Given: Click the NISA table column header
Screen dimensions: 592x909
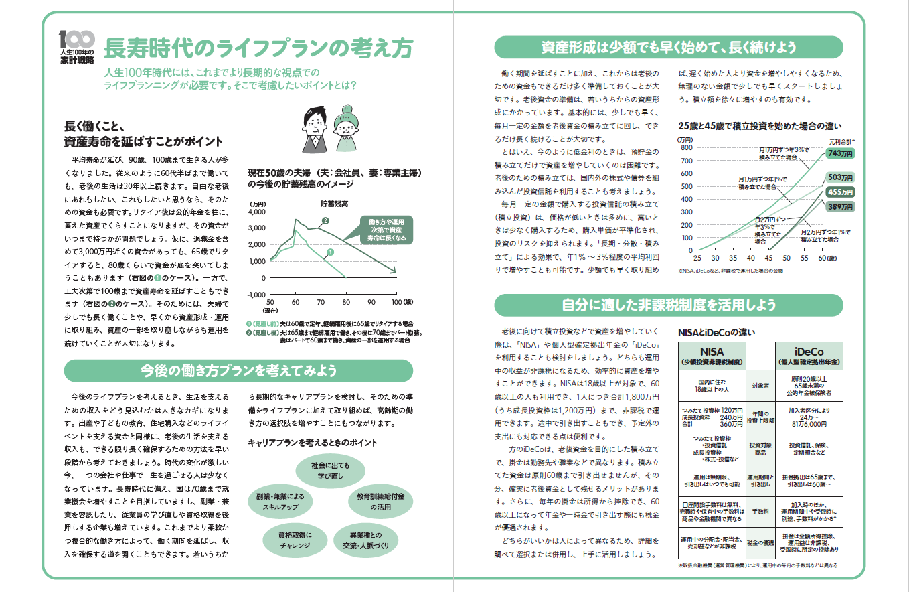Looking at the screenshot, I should pyautogui.click(x=712, y=356).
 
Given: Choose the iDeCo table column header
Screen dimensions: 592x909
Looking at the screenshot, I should pyautogui.click(x=809, y=356).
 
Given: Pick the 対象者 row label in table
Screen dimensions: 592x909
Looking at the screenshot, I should pyautogui.click(x=760, y=386).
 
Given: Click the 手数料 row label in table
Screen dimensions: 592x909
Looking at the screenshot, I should pyautogui.click(x=760, y=510).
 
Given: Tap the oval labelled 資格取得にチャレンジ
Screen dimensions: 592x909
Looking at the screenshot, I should pyautogui.click(x=295, y=541).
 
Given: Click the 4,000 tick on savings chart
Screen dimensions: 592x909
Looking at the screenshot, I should pyautogui.click(x=257, y=212).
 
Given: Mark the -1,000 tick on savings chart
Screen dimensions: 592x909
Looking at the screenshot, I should pyautogui.click(x=256, y=295).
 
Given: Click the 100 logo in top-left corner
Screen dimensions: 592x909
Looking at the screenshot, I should pyautogui.click(x=76, y=38).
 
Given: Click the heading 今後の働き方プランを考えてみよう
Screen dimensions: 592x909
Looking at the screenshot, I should pyautogui.click(x=238, y=370).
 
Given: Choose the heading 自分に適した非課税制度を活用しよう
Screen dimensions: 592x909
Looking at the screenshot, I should pyautogui.click(x=669, y=305).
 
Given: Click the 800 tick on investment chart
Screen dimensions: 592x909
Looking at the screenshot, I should pyautogui.click(x=685, y=147).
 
